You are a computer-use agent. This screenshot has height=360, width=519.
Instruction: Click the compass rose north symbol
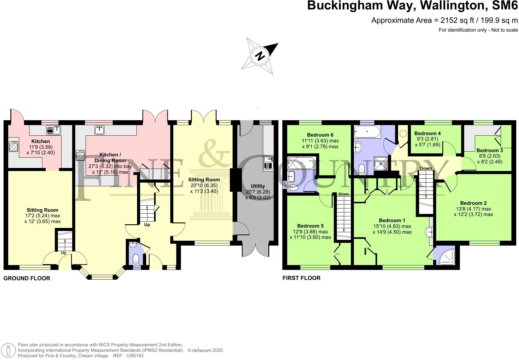coord(260,56)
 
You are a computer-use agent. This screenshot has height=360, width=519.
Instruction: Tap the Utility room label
coord(258,186)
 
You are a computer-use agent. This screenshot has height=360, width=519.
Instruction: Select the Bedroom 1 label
coord(392,220)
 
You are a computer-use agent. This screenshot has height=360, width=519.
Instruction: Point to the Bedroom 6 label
coord(320,135)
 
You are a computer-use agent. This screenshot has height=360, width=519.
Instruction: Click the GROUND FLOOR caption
coord(27,278)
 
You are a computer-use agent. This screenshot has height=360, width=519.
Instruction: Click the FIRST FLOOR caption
coord(301,278)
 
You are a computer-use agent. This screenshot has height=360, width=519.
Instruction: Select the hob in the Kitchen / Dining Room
coord(80,156)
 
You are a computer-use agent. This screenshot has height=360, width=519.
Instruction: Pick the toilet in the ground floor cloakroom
coord(136,260)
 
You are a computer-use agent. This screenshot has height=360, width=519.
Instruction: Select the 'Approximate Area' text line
coord(444,20)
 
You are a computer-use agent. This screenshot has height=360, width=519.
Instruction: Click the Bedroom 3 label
coord(489,150)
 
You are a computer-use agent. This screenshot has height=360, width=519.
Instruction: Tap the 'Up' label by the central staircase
coord(147,225)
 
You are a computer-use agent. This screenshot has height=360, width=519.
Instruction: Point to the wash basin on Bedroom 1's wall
coord(429,232)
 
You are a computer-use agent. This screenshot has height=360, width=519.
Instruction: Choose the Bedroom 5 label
coord(310,226)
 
